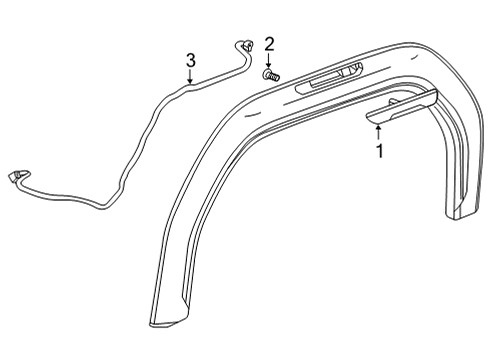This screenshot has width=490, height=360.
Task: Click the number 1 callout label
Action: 378,151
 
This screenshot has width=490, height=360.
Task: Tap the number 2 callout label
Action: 269,44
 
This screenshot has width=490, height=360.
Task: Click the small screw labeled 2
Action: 270,73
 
